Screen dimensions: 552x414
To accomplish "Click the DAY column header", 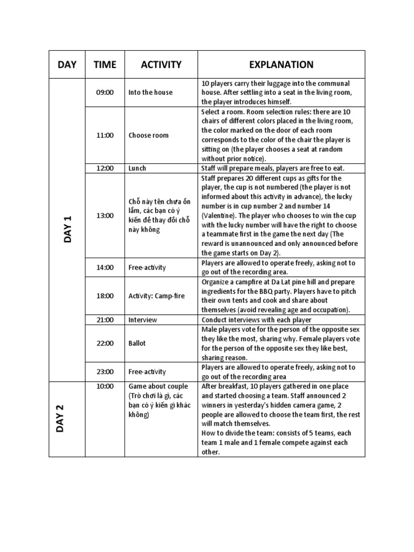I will click(67, 65).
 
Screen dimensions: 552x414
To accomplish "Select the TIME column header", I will click(105, 65).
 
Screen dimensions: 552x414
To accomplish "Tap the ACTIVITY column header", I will click(161, 65).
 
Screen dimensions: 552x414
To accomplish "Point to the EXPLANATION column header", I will click(281, 65).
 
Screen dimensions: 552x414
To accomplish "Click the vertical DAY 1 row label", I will click(68, 229).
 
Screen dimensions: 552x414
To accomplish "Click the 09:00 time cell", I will click(105, 92).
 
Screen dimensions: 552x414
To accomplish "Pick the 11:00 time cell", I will click(105, 135).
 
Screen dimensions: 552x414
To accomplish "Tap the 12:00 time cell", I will click(105, 168).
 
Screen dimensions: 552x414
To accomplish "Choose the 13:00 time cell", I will click(105, 215).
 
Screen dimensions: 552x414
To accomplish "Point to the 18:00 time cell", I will click(105, 295).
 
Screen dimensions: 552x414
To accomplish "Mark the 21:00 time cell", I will click(105, 320).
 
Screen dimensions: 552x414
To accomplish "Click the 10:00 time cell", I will click(105, 386).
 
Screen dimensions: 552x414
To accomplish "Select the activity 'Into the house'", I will click(150, 92).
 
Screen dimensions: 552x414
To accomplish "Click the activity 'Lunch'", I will click(137, 168).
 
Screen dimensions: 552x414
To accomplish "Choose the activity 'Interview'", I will click(142, 320).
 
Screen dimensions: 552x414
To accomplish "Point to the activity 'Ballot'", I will click(137, 343).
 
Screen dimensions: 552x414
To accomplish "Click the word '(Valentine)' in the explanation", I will click(218, 215).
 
